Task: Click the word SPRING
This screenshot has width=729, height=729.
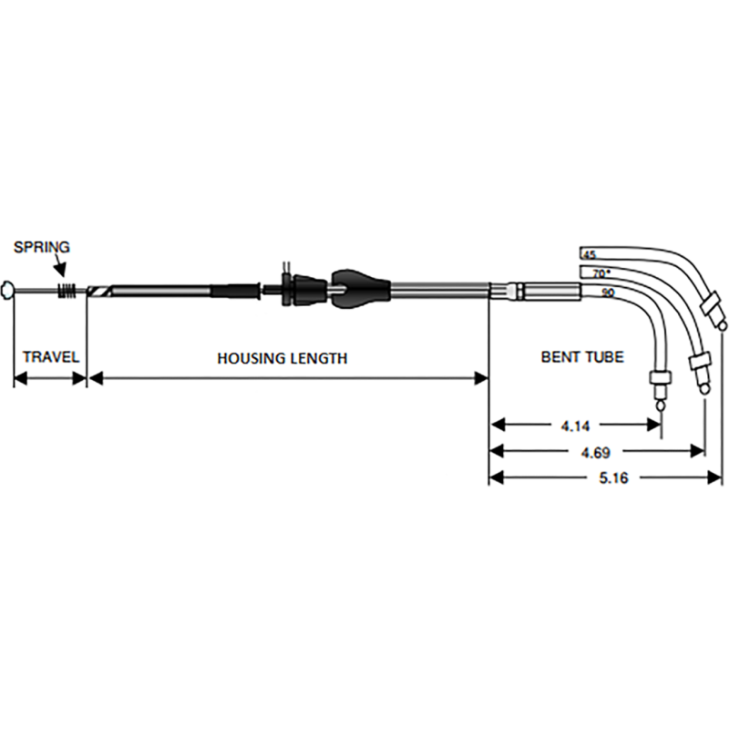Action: click(42, 247)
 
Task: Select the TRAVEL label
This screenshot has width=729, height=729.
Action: click(51, 357)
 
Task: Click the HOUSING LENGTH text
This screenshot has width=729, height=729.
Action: click(282, 358)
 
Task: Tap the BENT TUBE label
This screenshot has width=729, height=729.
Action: click(582, 357)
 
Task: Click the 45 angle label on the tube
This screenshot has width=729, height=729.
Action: click(589, 254)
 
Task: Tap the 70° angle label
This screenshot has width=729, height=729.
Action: click(601, 272)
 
